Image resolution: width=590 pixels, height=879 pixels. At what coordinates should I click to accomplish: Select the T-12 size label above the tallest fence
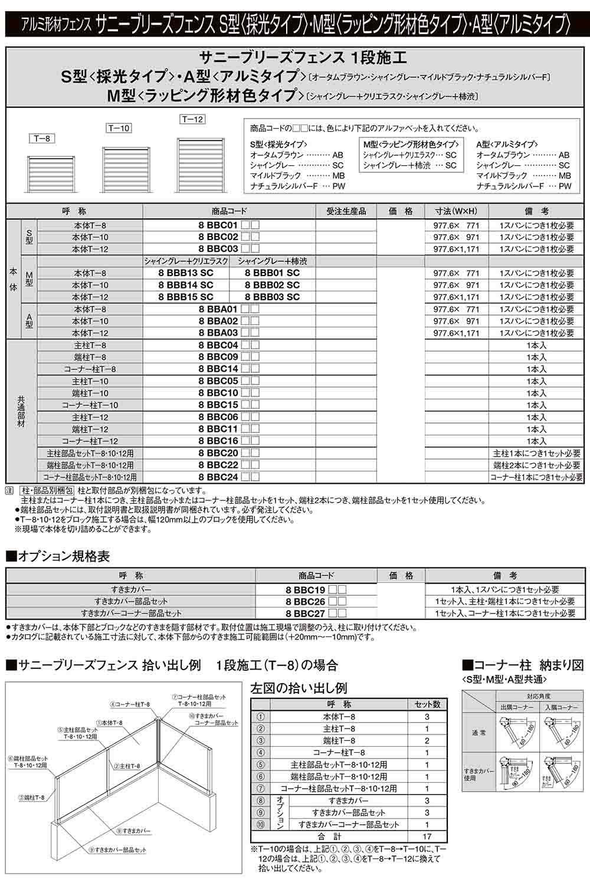coord(192,119)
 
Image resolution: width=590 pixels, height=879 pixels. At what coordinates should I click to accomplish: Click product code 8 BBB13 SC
coord(186,273)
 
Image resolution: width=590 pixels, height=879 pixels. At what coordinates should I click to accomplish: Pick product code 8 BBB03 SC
coord(272,297)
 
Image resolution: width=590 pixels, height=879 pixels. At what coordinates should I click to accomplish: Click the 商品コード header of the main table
coord(229,211)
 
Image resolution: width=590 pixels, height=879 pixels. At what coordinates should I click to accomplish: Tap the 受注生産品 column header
coord(346,211)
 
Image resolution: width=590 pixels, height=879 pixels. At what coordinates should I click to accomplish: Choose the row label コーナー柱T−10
coord(90,405)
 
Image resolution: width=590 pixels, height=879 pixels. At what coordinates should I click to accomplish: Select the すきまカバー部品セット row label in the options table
coord(130,601)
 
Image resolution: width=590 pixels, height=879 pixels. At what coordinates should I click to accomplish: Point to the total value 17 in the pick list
coord(427,836)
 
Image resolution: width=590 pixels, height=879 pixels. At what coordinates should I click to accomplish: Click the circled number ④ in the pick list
coord(261,753)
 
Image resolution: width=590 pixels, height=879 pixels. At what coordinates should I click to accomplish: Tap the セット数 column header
coord(427,704)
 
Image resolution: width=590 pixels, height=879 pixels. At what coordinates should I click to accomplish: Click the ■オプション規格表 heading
coord(58,556)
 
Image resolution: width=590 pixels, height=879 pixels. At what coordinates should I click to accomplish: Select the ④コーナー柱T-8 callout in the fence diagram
coord(129,704)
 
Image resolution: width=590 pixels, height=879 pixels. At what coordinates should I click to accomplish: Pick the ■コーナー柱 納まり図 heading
coord(523,665)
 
